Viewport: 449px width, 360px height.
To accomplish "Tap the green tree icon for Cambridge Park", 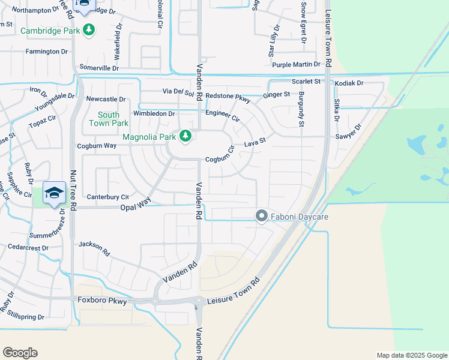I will tap(89, 29).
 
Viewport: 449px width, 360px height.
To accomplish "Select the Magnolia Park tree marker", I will tap(185, 137).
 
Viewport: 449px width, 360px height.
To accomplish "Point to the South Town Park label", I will tap(109, 119).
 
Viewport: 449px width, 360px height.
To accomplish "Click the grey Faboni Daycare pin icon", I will tap(261, 216).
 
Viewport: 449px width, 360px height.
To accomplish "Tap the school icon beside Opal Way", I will tap(54, 193).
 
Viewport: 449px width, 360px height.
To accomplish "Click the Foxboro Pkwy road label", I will tap(103, 301).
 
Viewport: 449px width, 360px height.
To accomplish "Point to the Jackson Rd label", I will tap(94, 248).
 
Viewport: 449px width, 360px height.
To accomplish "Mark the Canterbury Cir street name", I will tap(108, 197).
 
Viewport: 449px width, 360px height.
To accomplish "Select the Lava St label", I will tap(255, 144).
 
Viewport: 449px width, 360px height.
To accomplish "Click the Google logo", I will tap(20, 353).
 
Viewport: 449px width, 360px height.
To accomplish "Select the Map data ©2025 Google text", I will tap(411, 355).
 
